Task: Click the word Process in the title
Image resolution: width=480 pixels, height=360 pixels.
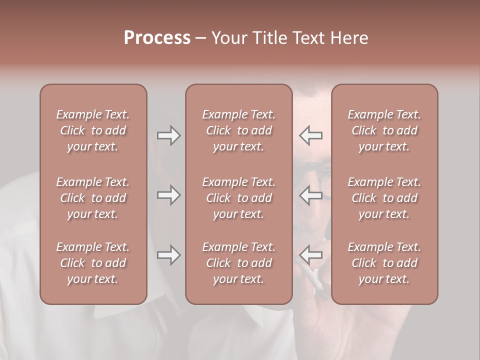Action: point(157,37)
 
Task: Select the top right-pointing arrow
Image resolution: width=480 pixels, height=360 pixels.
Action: point(168,135)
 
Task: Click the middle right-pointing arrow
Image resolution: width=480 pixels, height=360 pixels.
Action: point(168,195)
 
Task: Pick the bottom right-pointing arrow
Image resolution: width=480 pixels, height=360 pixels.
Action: point(168,255)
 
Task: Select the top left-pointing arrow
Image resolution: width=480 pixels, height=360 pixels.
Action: point(311,135)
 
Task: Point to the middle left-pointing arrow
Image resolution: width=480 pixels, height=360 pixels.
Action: point(311,195)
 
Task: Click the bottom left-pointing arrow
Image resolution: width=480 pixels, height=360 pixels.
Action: point(311,255)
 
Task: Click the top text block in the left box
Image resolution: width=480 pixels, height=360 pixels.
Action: point(93,130)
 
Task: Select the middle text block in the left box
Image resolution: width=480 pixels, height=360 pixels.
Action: point(93,198)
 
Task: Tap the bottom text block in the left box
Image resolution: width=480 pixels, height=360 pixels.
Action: point(93,263)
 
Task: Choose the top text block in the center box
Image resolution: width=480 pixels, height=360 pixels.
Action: point(238,130)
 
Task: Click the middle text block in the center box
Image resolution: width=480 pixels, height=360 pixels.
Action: point(238,198)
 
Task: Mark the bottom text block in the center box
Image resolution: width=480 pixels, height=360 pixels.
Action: point(238,263)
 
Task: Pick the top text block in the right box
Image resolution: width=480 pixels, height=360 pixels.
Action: point(384,130)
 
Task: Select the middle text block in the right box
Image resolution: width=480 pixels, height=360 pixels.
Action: point(384,198)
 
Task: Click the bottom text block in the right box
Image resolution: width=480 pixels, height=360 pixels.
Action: point(384,263)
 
